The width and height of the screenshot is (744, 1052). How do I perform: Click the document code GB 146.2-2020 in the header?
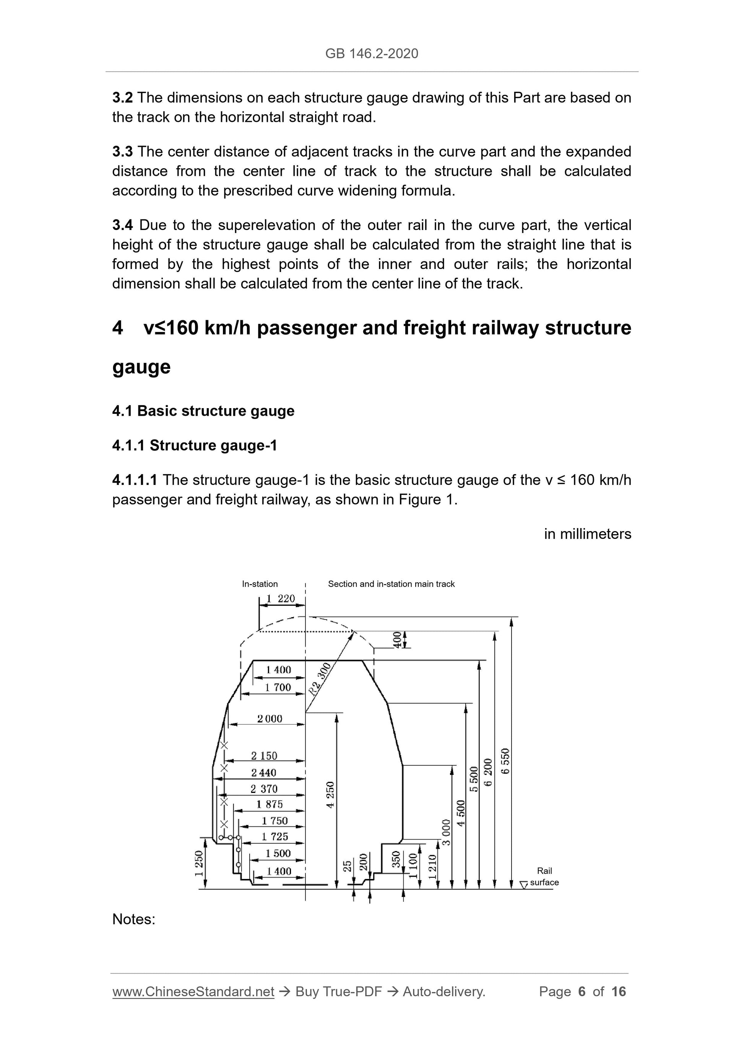click(371, 53)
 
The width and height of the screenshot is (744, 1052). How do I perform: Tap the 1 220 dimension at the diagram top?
click(281, 598)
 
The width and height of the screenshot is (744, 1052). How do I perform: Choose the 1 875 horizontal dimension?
click(269, 804)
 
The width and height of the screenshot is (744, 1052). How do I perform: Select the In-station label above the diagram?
click(260, 584)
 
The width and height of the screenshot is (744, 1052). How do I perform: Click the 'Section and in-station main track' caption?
click(391, 584)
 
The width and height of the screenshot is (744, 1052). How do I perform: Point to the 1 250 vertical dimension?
click(199, 863)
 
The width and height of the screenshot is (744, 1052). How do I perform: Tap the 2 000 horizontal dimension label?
click(270, 719)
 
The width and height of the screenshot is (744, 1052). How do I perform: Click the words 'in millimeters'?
click(587, 534)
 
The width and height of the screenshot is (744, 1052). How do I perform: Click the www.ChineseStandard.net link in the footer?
click(193, 992)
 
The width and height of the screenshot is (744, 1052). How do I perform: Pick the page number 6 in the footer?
click(582, 992)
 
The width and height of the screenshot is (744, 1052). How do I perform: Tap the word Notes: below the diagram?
click(134, 919)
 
